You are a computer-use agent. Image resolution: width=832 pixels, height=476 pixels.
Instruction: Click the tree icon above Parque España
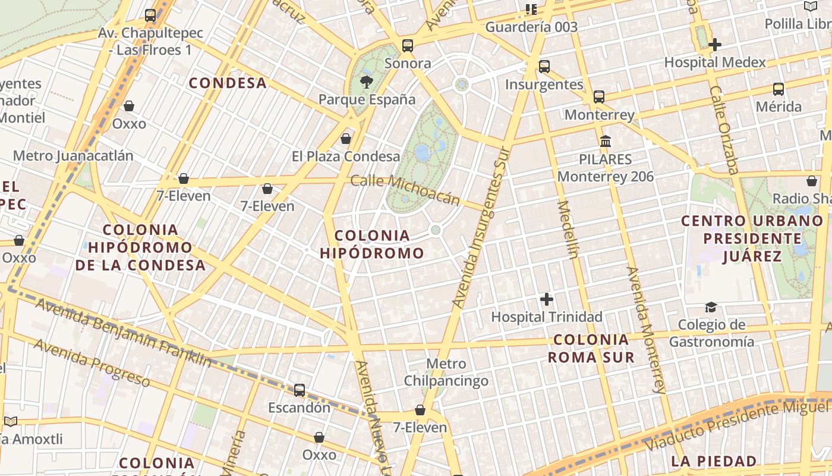tap(366, 82)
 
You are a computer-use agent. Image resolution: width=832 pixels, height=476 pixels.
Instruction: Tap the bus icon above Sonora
tap(408, 45)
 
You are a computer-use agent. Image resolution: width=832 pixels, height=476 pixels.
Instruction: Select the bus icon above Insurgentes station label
tap(544, 67)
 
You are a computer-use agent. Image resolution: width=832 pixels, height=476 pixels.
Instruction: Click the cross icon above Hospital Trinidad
tap(547, 299)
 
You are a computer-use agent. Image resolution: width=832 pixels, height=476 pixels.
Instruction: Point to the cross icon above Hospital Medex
tap(715, 45)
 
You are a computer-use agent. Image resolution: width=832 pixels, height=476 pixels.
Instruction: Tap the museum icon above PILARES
tap(606, 142)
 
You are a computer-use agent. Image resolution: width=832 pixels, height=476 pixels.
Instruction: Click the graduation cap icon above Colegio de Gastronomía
tap(711, 308)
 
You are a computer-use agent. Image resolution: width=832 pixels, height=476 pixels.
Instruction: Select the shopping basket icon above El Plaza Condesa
tap(346, 139)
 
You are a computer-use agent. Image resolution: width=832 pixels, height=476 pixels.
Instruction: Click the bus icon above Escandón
tap(300, 390)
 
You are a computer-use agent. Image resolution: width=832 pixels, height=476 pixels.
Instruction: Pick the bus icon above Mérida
tap(779, 89)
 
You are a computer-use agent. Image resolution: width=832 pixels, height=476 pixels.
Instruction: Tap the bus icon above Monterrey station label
tap(599, 97)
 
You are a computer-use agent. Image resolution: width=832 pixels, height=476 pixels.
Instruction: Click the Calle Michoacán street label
tap(405, 189)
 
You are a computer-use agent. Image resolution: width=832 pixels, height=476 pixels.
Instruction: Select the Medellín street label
tap(568, 230)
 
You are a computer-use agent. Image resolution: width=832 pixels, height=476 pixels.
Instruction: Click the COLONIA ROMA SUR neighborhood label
tap(591, 349)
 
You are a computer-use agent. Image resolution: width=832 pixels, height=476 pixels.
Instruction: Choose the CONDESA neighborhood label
tap(228, 83)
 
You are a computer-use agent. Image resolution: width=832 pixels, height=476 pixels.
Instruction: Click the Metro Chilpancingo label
tap(446, 372)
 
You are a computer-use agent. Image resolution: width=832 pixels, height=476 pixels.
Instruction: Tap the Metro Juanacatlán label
tap(73, 156)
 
